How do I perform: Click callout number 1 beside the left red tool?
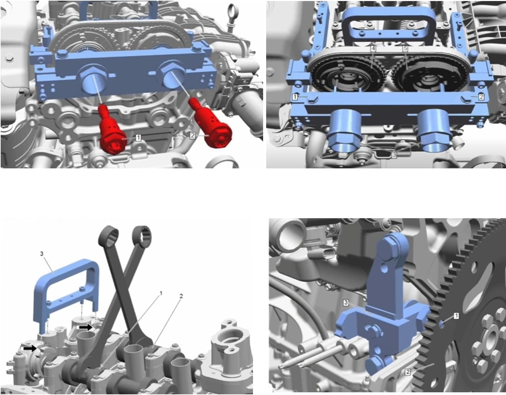point(138,137)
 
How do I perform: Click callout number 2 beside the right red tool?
point(192,135)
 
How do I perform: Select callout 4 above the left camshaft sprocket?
point(373,48)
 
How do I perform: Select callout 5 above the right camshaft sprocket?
point(405,48)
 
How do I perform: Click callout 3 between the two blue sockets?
point(394,155)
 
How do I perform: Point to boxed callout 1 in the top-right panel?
point(295,97)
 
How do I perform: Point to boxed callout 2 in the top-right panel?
point(481,97)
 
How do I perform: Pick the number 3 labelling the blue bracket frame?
point(42,254)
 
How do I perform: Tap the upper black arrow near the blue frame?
point(86,327)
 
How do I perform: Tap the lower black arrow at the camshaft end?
point(30,348)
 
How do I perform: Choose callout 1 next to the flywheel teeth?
point(456,316)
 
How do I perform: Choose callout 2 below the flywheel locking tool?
point(407,372)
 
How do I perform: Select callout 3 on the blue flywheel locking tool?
point(346,302)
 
